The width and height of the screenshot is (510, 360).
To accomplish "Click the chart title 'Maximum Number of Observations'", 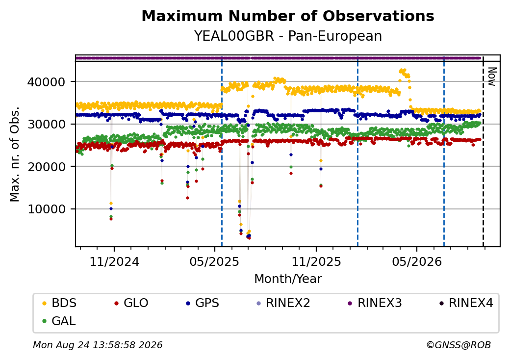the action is coord(288,16).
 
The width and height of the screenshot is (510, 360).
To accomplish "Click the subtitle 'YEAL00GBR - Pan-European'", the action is coord(288,36).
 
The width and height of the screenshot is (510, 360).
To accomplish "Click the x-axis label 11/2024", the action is coord(114,262).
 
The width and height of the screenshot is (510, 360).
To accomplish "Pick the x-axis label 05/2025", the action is coord(214,262).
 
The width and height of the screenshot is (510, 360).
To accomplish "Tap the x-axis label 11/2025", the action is coord(316,262).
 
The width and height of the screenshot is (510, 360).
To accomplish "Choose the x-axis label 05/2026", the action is coord(417,262).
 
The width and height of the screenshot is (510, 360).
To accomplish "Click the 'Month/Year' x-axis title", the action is coord(288,279).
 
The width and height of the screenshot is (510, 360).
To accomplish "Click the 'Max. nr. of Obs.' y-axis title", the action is coord(15,154).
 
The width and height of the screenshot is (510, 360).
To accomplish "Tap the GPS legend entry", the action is coord(203,303).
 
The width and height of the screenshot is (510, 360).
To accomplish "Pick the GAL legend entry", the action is coord(59,321).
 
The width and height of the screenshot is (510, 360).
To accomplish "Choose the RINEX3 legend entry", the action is coord(375,303).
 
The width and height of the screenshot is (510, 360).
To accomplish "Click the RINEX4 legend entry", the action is coord(466,303).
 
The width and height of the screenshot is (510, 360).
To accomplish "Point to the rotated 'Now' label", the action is coord(492,77).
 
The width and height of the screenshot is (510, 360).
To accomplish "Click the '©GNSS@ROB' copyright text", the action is coord(459,345).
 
